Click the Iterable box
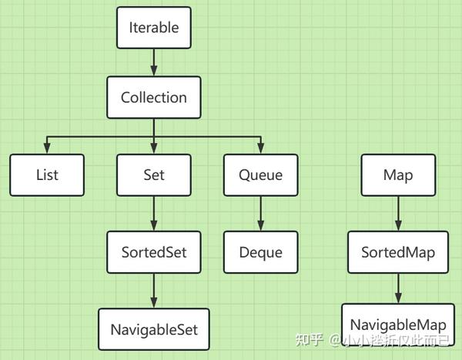(154, 28)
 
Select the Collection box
(154, 98)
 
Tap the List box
(47, 175)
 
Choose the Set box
(154, 175)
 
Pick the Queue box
(261, 175)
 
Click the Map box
(398, 175)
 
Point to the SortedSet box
(154, 252)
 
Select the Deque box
(261, 252)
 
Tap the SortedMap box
(398, 252)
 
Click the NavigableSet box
(154, 329)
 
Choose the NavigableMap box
(398, 325)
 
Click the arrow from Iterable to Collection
(154, 62)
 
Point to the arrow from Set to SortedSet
(154, 214)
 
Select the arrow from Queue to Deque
(261, 214)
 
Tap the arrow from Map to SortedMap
(398, 214)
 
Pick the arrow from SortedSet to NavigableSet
(154, 291)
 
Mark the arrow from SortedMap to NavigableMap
(398, 288)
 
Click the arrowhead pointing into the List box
(47, 148)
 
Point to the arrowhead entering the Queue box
(261, 148)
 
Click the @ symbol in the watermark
(335, 340)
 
